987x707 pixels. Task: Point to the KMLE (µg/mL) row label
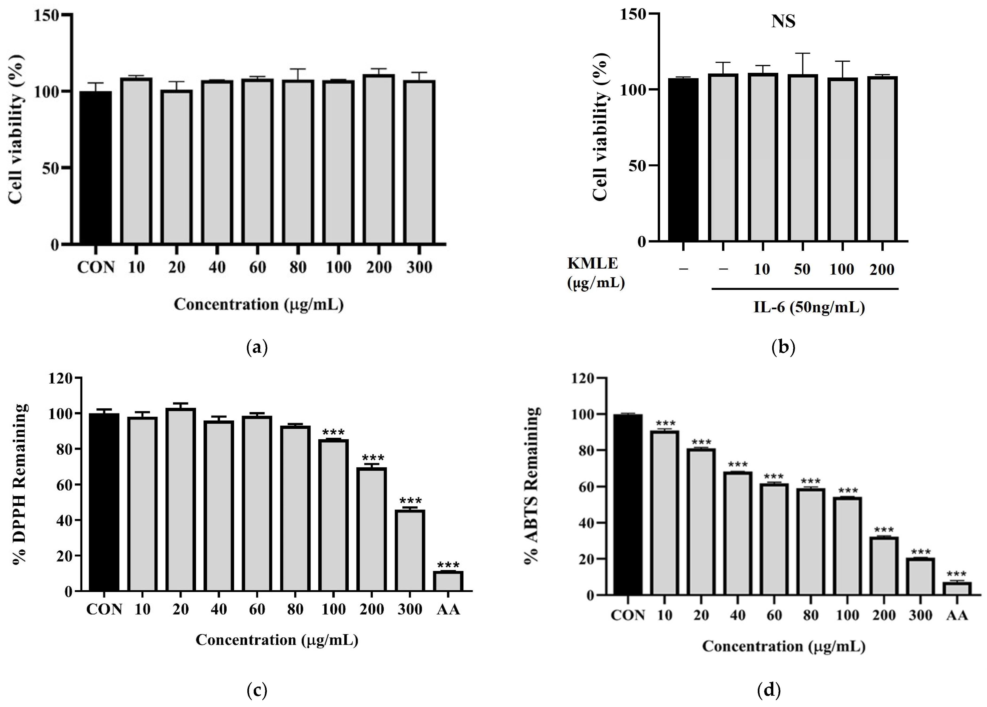click(x=595, y=273)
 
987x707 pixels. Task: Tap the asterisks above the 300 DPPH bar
click(x=410, y=501)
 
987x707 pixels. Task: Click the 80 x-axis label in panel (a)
click(x=298, y=267)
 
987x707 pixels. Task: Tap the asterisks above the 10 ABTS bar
click(x=665, y=423)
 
